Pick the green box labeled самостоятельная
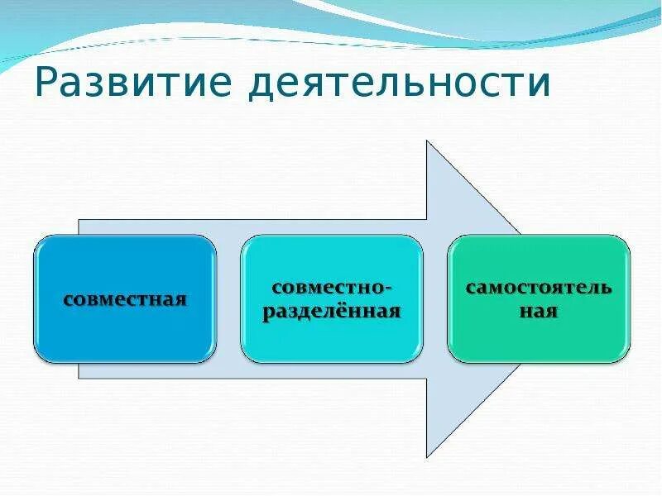coord(539,339)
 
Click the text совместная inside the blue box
coord(125,298)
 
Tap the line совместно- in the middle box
coord(332,288)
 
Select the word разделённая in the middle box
coord(332,312)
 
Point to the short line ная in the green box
coord(539,312)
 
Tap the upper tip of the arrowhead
coord(427,141)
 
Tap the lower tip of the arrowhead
coord(427,456)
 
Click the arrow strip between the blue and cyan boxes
coord(229,298)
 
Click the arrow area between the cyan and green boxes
coord(435,298)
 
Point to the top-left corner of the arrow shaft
coord(79,220)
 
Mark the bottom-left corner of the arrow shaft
coord(79,378)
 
